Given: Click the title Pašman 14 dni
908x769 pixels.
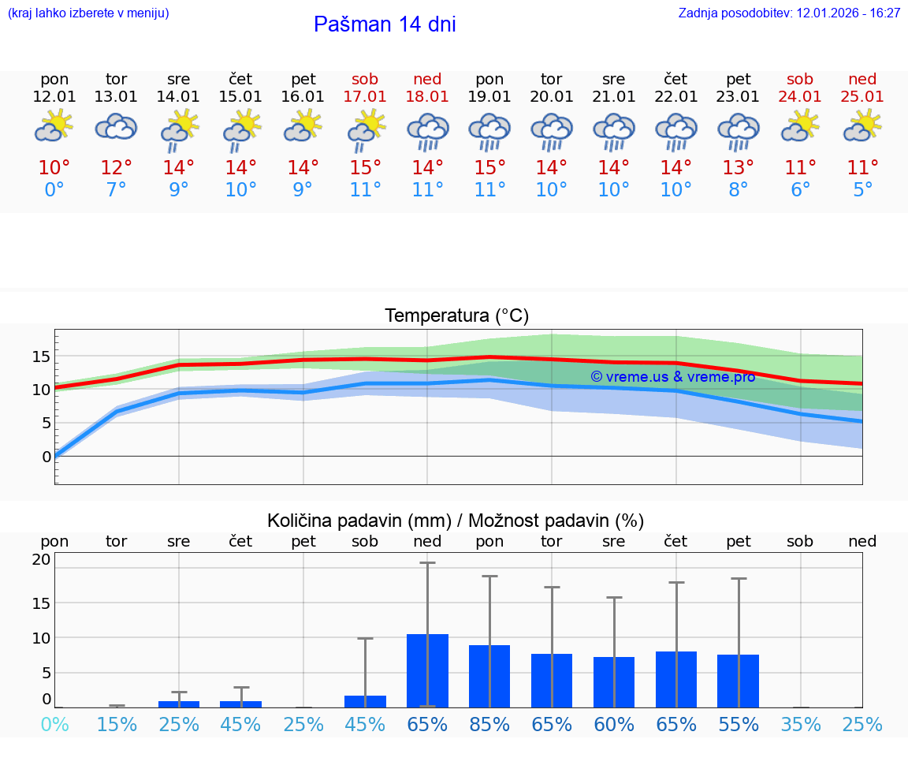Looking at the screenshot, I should point(385,24).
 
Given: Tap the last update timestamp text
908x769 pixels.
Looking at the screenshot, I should point(789,13).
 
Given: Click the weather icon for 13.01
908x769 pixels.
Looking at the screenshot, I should point(117,127).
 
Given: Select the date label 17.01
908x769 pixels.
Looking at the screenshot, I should point(365,97).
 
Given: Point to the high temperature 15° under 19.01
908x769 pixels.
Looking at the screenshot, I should point(489,168).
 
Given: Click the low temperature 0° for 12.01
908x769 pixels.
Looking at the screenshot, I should point(54,190).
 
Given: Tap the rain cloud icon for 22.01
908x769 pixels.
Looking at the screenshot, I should point(675,130).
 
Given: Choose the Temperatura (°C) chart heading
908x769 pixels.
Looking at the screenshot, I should point(456,316).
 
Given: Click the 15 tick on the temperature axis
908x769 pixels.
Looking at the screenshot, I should point(41,357).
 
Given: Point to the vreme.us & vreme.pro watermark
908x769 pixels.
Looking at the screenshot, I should point(672,377).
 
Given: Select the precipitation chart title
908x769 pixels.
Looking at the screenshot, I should point(456,521).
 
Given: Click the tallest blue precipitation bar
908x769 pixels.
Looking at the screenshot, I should point(427,670).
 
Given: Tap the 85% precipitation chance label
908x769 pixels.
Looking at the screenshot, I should point(489,725).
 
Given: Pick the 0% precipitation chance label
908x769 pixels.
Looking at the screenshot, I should point(54,725).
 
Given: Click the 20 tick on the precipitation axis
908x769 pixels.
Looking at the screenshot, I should point(41,560).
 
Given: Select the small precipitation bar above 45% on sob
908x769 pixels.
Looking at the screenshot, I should point(365,701).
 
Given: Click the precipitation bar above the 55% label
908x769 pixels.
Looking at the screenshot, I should point(739,681).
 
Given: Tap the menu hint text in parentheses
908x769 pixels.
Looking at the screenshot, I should point(88,13).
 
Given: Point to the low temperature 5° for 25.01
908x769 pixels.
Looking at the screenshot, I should point(862,190).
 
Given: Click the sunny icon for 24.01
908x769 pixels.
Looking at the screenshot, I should point(800,126).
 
